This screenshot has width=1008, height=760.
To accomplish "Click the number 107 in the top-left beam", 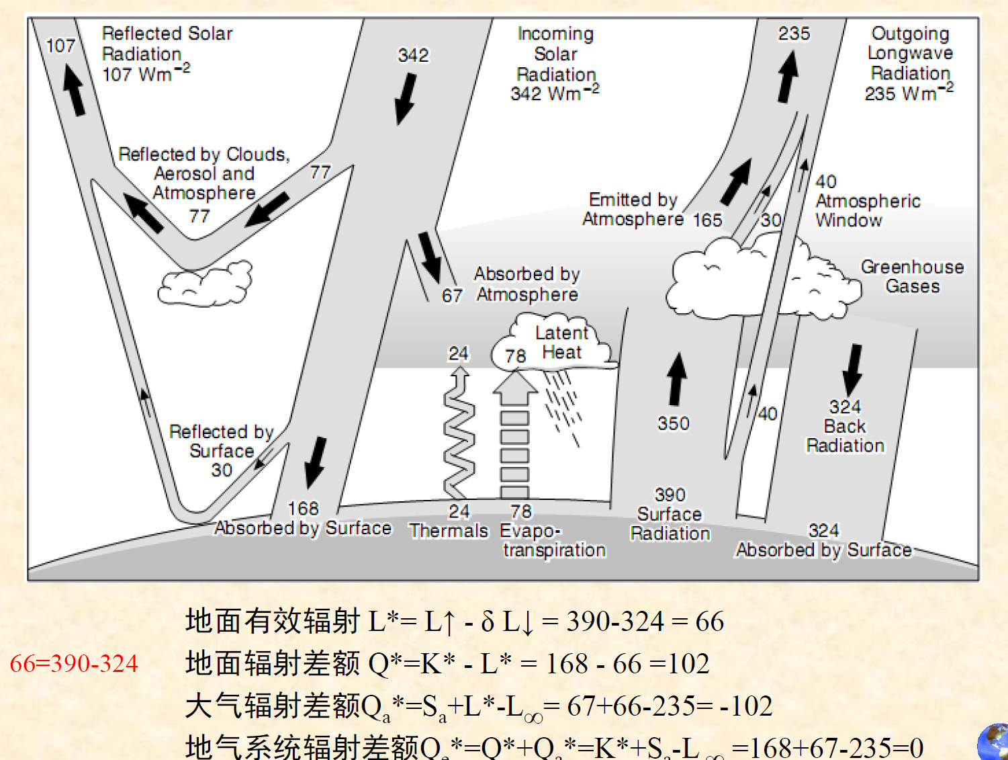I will coord(60,46).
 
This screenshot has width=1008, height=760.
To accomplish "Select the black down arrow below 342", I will coord(405,99).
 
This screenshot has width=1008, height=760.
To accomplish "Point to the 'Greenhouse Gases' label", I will coord(912,276).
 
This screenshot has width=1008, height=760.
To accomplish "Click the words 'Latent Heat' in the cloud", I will coord(561,343).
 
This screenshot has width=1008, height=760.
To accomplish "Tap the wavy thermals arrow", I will coord(459,433).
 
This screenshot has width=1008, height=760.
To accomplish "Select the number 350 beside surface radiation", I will coord(673,423).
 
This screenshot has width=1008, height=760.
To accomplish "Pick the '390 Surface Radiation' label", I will coord(670,515).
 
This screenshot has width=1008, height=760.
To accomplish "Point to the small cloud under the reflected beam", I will coord(205,284).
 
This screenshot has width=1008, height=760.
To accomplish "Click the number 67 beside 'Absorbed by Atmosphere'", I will coord(452,296).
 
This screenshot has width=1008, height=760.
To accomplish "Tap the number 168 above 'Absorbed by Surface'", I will coord(303,509).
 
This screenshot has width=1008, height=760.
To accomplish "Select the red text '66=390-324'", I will coord(74,664).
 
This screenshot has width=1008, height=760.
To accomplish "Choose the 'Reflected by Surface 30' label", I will coord(221,450).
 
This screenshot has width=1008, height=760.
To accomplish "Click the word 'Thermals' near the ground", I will coord(449,531).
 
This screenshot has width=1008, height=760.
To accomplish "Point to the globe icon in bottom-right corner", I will coord(994,742).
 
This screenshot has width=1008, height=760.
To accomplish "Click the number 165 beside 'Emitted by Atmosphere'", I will coord(708,220).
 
